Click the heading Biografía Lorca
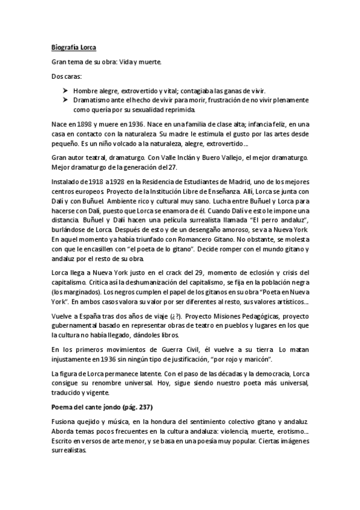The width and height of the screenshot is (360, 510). [75, 47]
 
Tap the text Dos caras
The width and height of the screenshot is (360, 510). [67, 78]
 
